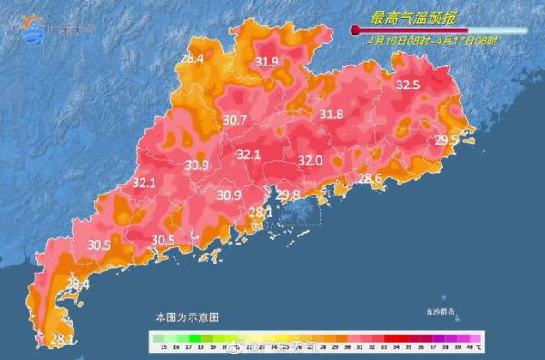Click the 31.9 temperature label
tap(267, 62)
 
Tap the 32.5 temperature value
tap(408, 85)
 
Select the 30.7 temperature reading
tap(234, 120)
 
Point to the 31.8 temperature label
tap(332, 115)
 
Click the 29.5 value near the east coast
tap(446, 140)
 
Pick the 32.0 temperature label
tap(312, 161)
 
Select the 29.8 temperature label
tap(288, 195)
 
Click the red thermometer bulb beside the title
tap(355, 30)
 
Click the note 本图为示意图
tap(186, 317)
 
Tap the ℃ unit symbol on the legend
tap(479, 347)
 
